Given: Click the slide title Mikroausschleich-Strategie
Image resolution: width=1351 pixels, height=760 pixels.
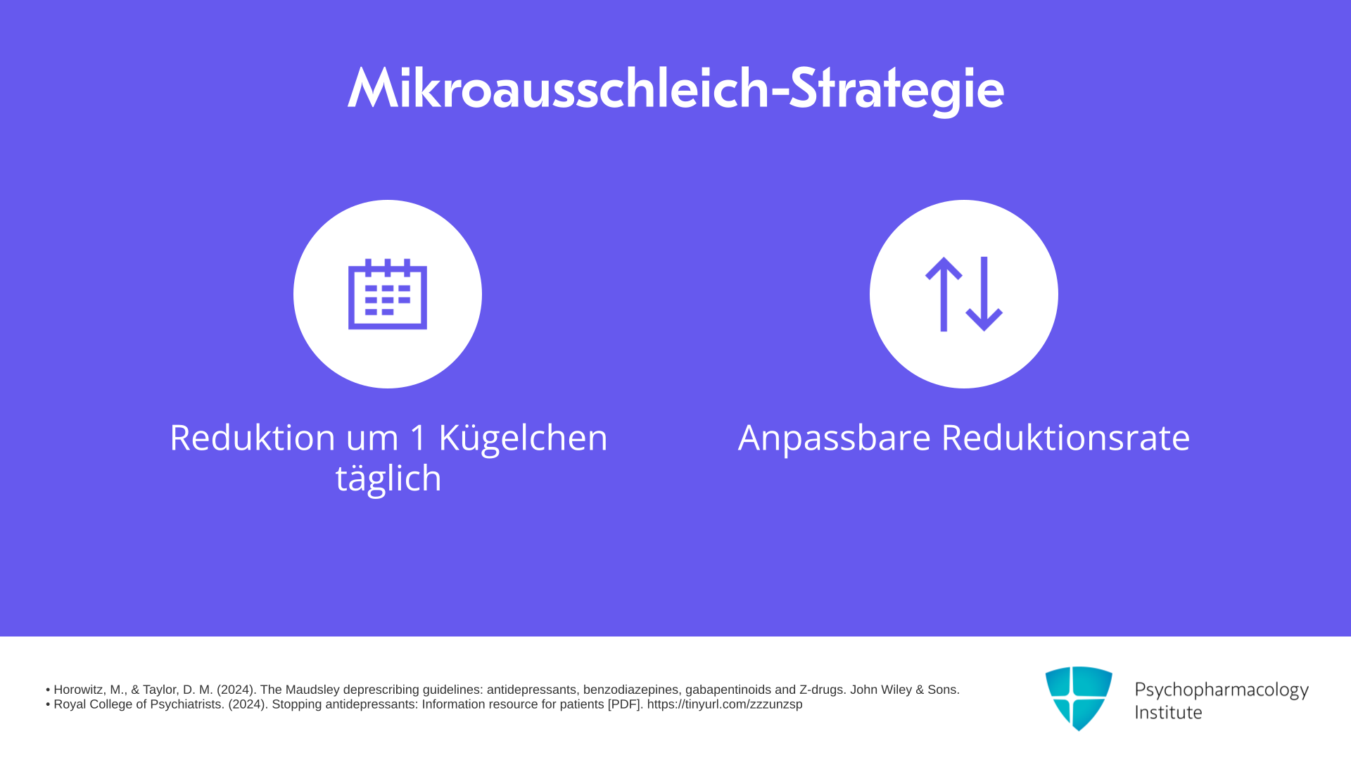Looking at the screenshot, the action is coord(675,89).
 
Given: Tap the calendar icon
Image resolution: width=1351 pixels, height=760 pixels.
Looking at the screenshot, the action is coord(388,294).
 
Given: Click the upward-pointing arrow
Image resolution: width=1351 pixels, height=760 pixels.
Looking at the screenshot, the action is coord(944,294).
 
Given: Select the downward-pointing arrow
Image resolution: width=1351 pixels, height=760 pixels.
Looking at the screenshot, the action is coord(984,294).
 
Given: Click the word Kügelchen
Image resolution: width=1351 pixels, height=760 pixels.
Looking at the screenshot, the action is coord(523,438).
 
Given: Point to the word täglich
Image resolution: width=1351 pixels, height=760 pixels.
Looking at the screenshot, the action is coord(388,479).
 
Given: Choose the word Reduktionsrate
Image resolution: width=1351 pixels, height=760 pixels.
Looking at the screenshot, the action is coord(1065,437).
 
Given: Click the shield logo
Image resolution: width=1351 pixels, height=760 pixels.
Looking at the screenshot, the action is coord(1079,698).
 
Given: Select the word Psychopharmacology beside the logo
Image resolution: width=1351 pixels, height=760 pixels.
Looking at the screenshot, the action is coord(1222,690).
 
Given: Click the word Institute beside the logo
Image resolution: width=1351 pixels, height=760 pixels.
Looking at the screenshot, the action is coord(1168,712).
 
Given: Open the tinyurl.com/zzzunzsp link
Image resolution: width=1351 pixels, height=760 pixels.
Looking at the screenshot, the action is coord(725,704).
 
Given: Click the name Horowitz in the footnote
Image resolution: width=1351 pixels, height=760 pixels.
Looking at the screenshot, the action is coord(79,690).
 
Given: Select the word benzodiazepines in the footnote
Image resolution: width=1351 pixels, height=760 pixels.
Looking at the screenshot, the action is coord(630,690).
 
